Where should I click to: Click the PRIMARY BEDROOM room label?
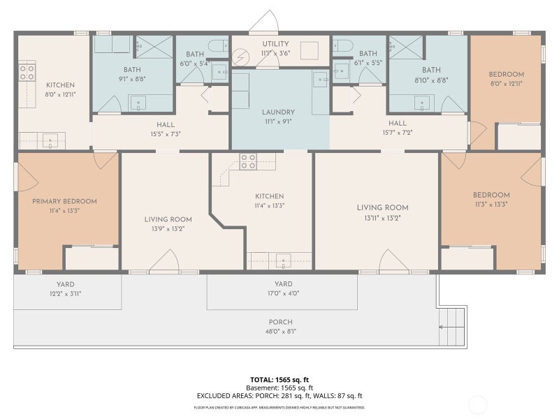pos(64,201)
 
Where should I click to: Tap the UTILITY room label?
pos(275,44)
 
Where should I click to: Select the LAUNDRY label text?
pos(278,112)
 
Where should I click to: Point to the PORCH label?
pos(281,322)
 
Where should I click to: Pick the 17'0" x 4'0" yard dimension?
pos(284,293)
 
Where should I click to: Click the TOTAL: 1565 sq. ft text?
pos(279,380)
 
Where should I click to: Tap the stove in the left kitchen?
pos(27,72)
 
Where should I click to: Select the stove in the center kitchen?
pos(248,161)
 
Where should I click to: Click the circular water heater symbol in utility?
pos(239,57)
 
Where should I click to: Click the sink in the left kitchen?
pos(50,140)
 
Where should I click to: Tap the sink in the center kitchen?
pos(284,260)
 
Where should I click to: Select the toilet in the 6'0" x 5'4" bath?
pos(218,45)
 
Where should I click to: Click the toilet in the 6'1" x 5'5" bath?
pos(343,45)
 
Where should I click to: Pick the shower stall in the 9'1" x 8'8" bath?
pos(154,47)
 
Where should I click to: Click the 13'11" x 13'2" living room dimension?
pos(382,218)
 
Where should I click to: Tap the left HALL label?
pos(166,125)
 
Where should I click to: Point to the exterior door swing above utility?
pos(265,22)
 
